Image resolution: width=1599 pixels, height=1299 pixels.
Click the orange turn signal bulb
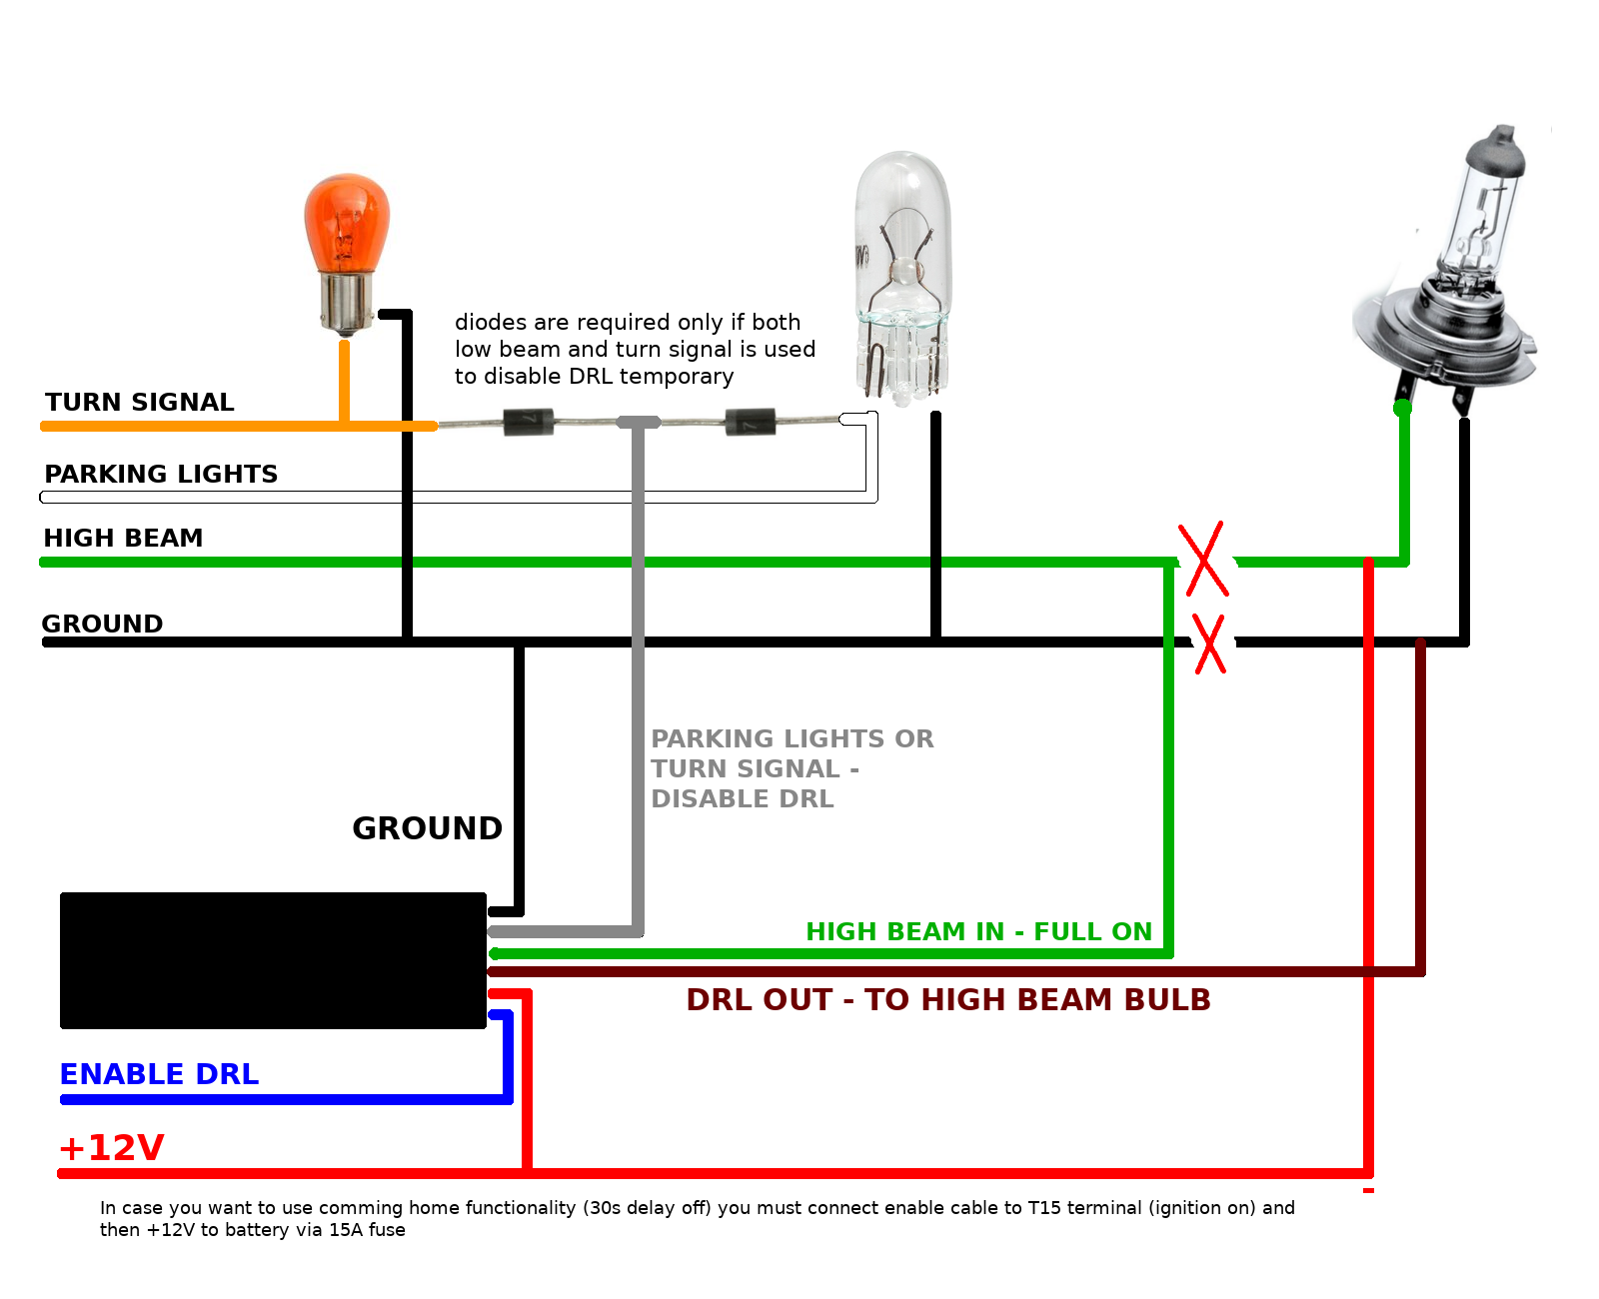(346, 250)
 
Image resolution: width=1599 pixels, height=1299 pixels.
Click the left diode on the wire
(529, 423)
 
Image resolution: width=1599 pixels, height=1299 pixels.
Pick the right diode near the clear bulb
(751, 422)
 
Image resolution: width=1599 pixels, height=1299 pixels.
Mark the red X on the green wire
(1203, 560)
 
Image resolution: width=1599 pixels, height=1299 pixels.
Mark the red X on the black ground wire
(1209, 644)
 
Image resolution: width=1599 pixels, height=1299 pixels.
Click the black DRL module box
(273, 960)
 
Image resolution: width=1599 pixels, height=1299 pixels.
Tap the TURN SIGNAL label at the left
(139, 402)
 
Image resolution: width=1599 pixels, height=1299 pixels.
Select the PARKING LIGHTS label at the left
(161, 474)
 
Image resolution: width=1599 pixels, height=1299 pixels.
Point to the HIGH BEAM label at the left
(123, 538)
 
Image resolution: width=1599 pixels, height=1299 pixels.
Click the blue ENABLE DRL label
(159, 1074)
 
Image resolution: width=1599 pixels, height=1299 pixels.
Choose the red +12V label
(112, 1148)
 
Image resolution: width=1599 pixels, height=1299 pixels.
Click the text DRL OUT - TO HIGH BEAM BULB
(948, 999)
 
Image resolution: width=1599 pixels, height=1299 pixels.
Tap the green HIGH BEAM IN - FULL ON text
(978, 931)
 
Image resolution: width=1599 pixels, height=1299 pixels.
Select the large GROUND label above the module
(427, 828)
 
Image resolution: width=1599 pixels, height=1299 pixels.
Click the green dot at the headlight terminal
(1403, 408)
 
